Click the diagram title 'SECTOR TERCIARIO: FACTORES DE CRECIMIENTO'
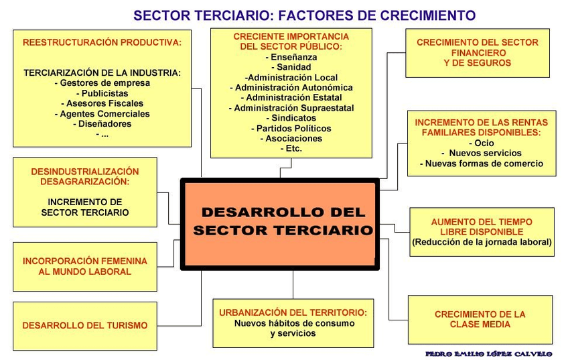(x=304, y=15)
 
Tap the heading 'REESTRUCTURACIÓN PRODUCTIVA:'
(x=102, y=42)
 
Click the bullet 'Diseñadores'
(x=102, y=123)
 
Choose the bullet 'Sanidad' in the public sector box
(x=291, y=67)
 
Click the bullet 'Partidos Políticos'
(x=291, y=128)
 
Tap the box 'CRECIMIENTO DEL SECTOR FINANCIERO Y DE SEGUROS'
(x=477, y=52)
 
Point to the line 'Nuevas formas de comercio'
(x=482, y=163)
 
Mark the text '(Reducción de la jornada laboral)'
(x=482, y=242)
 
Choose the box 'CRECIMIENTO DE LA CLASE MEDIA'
(x=480, y=319)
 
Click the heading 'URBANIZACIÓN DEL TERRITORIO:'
(x=293, y=313)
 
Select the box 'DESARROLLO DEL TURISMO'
(x=85, y=325)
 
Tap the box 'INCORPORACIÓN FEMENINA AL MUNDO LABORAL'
(x=85, y=266)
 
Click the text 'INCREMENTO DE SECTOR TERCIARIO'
(x=85, y=206)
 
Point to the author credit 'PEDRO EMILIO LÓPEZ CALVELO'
(x=488, y=353)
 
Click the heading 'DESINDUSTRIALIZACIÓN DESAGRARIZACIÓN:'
(x=85, y=176)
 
